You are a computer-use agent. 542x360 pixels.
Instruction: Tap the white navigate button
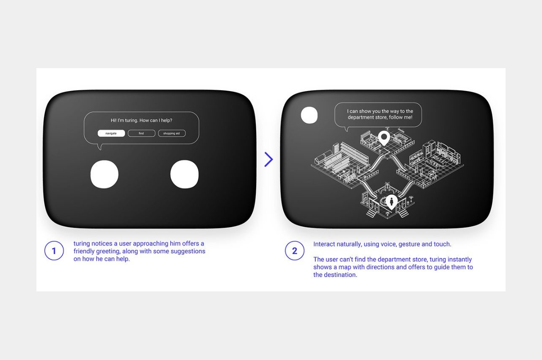(x=111, y=133)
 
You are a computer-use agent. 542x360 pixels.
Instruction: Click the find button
(x=141, y=133)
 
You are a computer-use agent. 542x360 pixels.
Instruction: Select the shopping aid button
(x=171, y=133)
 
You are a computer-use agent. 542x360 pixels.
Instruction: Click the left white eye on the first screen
(x=105, y=174)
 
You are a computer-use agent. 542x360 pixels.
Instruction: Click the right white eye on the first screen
(x=184, y=174)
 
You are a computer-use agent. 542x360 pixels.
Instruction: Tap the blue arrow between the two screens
(x=269, y=159)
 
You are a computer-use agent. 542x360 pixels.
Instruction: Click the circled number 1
(x=54, y=251)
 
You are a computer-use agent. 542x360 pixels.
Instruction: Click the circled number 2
(x=294, y=251)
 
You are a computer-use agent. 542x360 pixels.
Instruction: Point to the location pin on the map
(x=384, y=138)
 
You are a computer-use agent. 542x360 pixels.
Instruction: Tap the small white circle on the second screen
(x=309, y=115)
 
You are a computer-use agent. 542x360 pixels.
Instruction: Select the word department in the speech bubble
(x=361, y=117)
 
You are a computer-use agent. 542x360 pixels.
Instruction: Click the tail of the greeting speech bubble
(x=99, y=147)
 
